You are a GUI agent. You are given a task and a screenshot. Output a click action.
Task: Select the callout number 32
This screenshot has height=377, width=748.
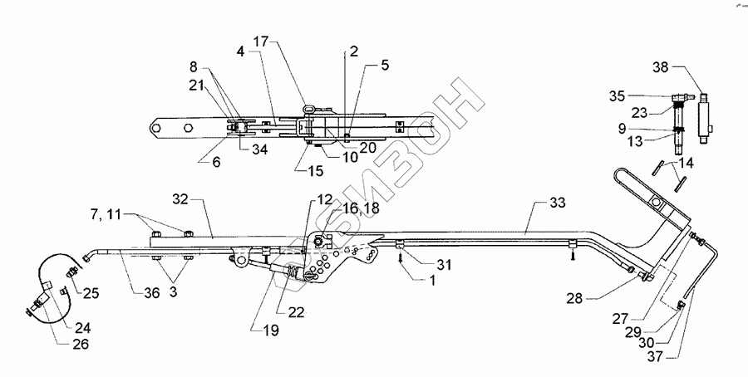[x=182, y=199]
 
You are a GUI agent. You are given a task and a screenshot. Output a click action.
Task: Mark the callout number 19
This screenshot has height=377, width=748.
[x=271, y=329]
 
